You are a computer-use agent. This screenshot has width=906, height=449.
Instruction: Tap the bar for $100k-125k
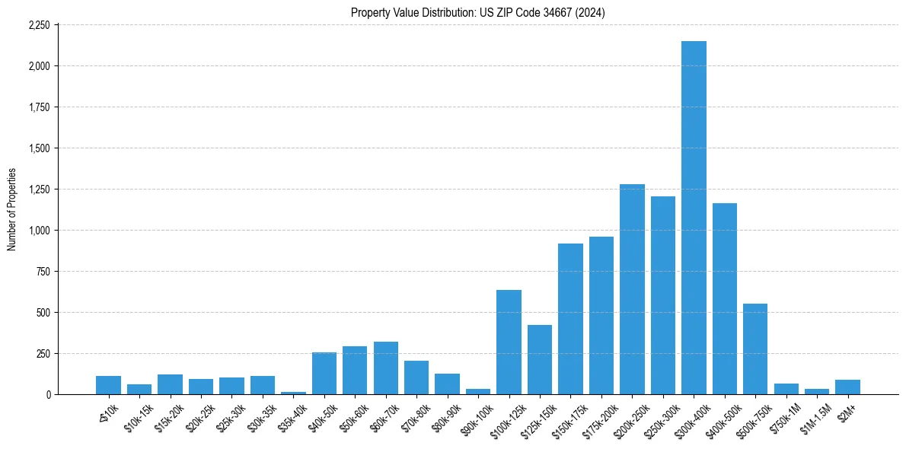(509, 342)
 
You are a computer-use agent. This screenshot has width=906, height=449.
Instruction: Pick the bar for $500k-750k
(755, 349)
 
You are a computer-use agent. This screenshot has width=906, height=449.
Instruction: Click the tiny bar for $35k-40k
(293, 393)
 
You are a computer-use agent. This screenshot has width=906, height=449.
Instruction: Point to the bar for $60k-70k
(385, 368)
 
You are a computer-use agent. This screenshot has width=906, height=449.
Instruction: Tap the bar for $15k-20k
(170, 384)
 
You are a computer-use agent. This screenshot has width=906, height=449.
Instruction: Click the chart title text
(478, 13)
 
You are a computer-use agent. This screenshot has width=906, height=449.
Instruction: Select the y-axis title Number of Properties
(12, 209)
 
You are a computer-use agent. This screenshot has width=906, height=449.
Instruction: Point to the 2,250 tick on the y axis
(39, 25)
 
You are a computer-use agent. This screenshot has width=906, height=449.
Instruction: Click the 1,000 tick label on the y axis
(39, 231)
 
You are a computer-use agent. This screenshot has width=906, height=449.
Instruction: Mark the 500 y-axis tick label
(43, 313)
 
